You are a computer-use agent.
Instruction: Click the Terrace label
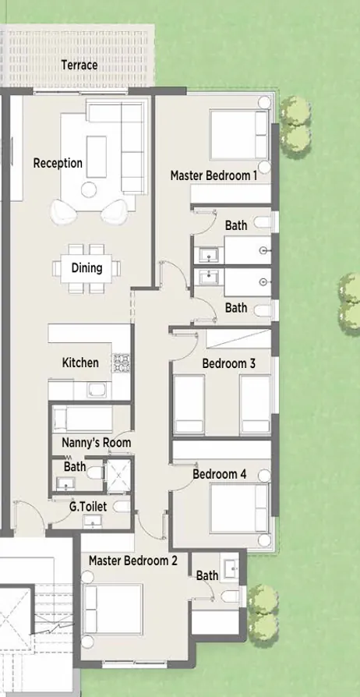[79, 65]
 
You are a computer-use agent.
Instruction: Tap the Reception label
[58, 163]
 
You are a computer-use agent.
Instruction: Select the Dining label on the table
[86, 268]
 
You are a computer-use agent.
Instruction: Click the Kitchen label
[80, 363]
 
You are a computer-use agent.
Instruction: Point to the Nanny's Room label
[96, 443]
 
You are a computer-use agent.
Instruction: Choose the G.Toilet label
[87, 507]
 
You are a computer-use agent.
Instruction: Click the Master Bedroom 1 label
[214, 176]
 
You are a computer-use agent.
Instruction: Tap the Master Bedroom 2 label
[132, 561]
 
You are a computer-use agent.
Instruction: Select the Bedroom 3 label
[228, 363]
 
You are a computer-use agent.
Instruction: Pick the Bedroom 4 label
[219, 474]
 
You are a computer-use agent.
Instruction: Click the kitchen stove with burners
[122, 363]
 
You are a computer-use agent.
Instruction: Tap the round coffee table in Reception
[89, 189]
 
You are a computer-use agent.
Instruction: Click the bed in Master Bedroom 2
[114, 611]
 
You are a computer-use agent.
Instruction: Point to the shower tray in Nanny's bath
[119, 473]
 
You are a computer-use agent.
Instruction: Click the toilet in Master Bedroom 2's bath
[229, 596]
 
